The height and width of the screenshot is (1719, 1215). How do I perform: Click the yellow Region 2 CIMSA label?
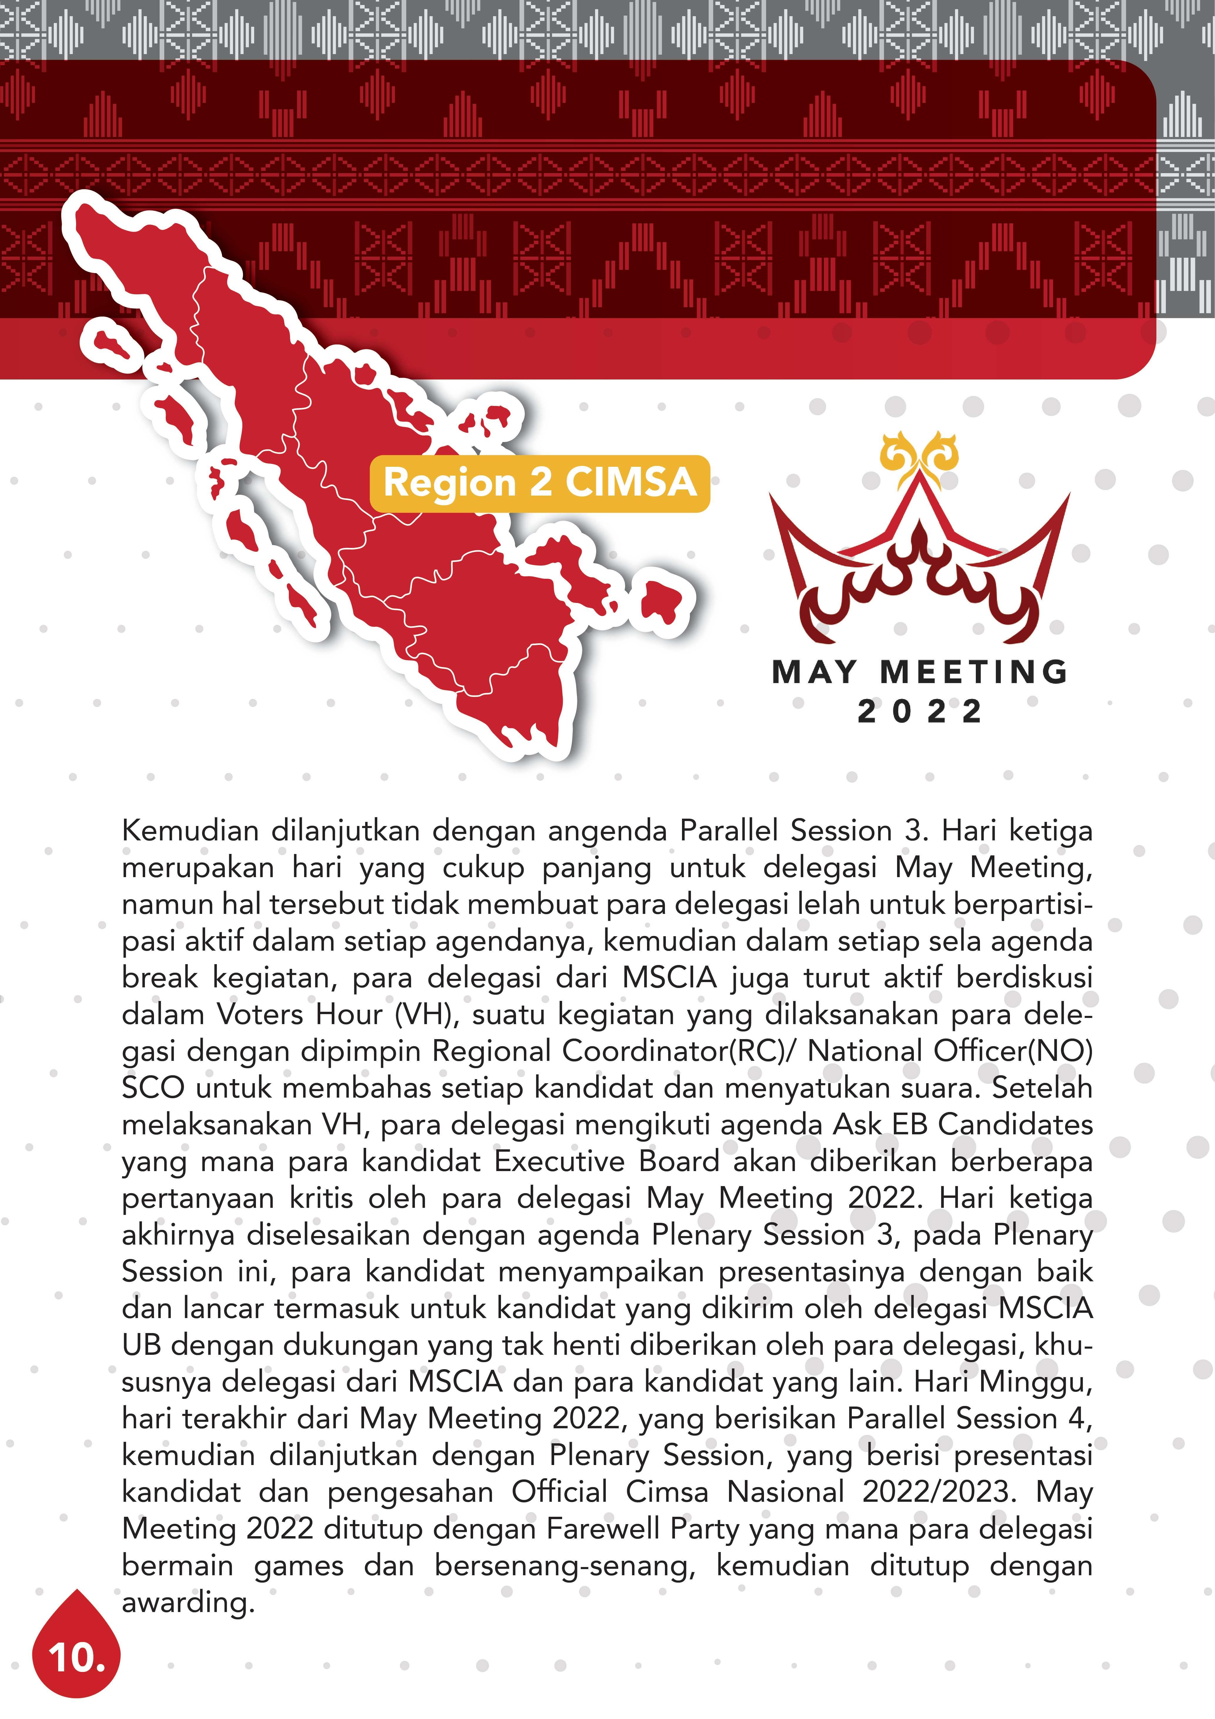(x=540, y=483)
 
